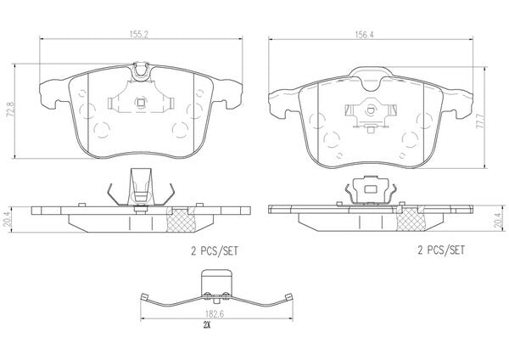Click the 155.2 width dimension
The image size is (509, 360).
tap(139, 35)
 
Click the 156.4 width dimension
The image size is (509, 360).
tap(365, 35)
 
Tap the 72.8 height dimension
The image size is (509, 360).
tap(11, 110)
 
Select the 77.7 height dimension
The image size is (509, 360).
tap(480, 121)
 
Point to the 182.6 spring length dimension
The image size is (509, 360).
tap(215, 314)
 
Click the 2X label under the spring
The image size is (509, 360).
tap(207, 324)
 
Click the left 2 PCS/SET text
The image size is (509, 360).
tap(215, 251)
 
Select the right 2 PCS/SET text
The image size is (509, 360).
tap(441, 250)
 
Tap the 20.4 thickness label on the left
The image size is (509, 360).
tap(11, 219)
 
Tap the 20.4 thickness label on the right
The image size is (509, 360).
tap(497, 219)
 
